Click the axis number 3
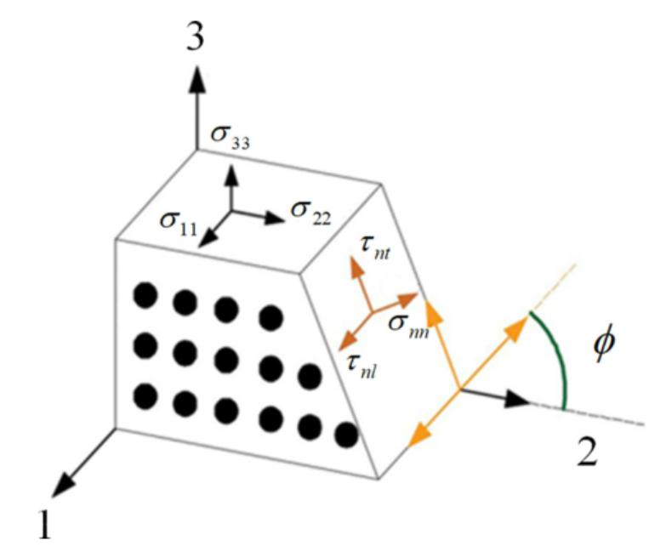196,36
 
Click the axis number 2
587,452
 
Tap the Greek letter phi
604,344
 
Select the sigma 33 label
231,138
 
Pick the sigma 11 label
179,224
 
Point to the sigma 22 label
310,213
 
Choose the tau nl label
361,367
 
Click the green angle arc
559,356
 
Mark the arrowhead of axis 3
196,79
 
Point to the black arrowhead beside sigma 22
274,218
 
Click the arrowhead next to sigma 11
207,238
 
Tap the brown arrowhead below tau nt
355,267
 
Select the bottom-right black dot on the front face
346,435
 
